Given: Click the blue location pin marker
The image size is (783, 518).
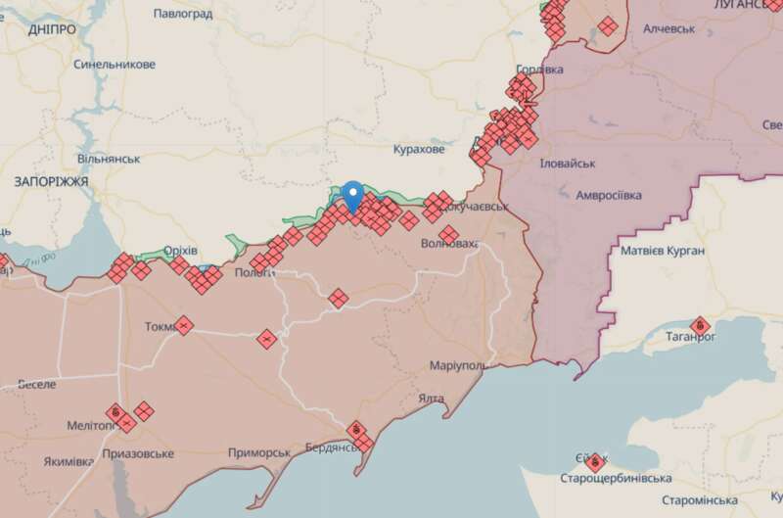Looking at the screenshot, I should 353,195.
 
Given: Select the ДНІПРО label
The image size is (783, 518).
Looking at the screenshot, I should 52,29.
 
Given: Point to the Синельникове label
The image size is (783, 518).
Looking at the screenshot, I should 115,65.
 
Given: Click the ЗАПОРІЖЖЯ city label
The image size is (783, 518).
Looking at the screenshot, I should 52,182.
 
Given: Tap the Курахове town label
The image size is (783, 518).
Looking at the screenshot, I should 418,150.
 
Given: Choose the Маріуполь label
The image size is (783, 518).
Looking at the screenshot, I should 458,365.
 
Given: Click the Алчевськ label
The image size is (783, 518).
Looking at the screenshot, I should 668,29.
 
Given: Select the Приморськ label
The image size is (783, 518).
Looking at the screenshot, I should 259,452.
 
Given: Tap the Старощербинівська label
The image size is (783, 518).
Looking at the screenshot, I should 615,478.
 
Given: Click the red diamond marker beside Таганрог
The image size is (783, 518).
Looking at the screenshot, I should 699,325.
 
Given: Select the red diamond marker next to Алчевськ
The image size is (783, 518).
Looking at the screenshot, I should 608,25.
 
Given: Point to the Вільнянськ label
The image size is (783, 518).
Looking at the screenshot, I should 109,159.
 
